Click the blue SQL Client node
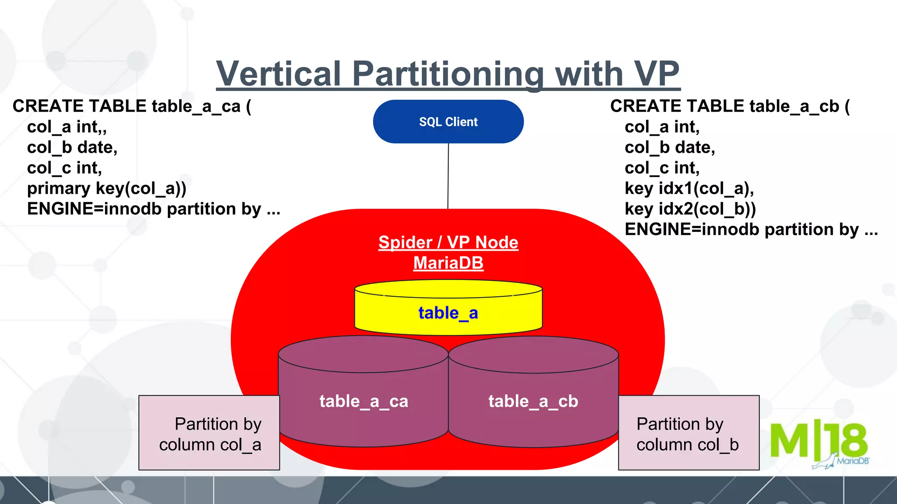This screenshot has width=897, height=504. coord(448,122)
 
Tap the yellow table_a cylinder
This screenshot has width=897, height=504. coord(448,313)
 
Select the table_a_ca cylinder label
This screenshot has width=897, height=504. coord(364,401)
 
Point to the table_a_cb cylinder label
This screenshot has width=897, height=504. coord(533,401)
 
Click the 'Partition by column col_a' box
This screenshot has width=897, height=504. coord(209,433)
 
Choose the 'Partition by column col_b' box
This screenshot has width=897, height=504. coord(688,433)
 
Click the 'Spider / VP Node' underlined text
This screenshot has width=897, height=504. coord(448,242)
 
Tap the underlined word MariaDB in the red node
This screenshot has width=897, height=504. coord(448,263)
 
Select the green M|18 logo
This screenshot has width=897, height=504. coord(818,442)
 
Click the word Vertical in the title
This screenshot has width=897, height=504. coord(279,73)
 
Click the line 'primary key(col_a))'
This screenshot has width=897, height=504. coord(106,189)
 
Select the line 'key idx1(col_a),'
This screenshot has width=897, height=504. coord(689,189)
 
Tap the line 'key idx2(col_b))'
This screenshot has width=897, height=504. coord(690,209)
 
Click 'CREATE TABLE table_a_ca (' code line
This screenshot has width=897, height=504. coord(132,106)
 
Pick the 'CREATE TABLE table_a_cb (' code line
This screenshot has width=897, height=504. coord(730,106)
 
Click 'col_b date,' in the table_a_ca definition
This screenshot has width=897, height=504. coord(72,147)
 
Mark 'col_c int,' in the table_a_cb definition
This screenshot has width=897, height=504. coord(662,168)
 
